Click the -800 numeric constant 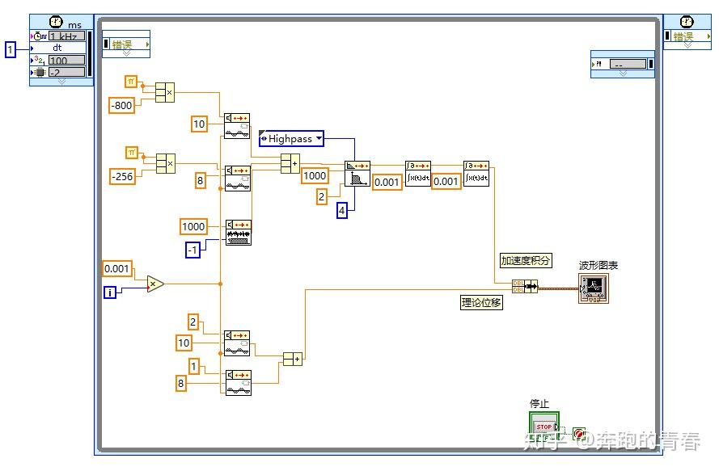click(121, 105)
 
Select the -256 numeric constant click(121, 176)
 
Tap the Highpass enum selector click(291, 139)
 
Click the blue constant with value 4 click(341, 211)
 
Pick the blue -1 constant click(192, 250)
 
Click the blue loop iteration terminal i click(110, 292)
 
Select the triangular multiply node click(154, 284)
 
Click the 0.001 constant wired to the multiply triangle click(116, 268)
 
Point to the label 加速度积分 click(525, 260)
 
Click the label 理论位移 click(481, 302)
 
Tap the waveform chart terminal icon click(593, 288)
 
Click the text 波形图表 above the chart click(598, 265)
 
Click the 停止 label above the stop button click(539, 404)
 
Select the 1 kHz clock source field click(66, 36)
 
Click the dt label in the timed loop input click(57, 48)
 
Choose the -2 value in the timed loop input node click(66, 72)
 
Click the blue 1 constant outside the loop click(11, 50)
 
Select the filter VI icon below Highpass click(357, 174)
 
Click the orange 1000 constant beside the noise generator click(193, 226)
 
